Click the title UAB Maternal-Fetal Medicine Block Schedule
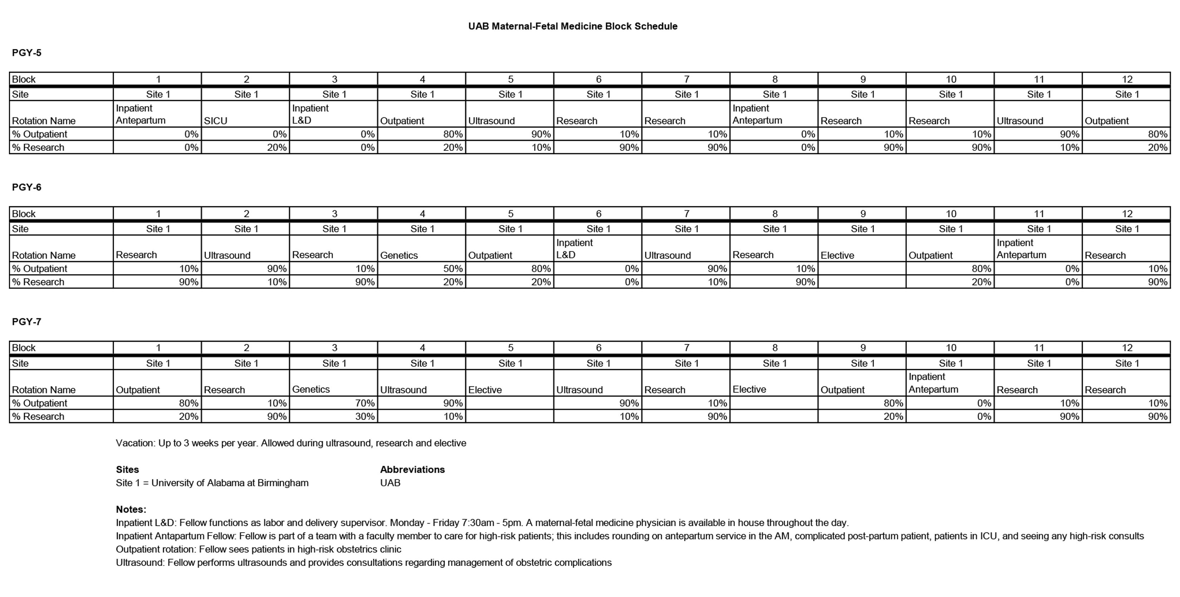(x=572, y=26)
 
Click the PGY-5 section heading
(x=26, y=53)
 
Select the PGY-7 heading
(x=26, y=321)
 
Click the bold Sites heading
(x=127, y=469)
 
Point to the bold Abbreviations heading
(x=412, y=469)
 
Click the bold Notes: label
(x=131, y=509)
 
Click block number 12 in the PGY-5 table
(x=1127, y=79)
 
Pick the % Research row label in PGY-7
(x=38, y=416)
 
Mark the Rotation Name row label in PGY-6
(x=44, y=255)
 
